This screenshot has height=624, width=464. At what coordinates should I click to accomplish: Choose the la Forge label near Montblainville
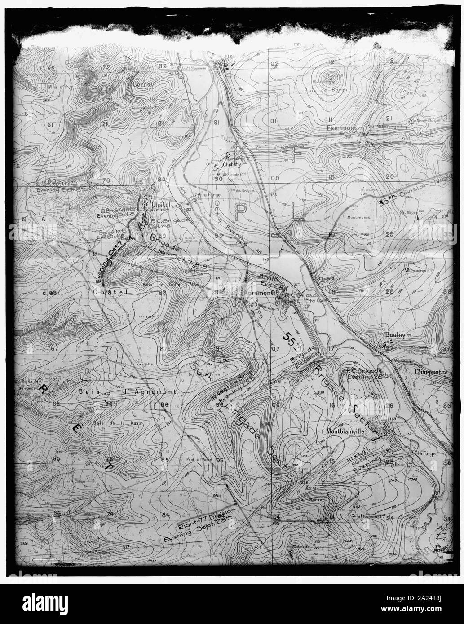424,453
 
